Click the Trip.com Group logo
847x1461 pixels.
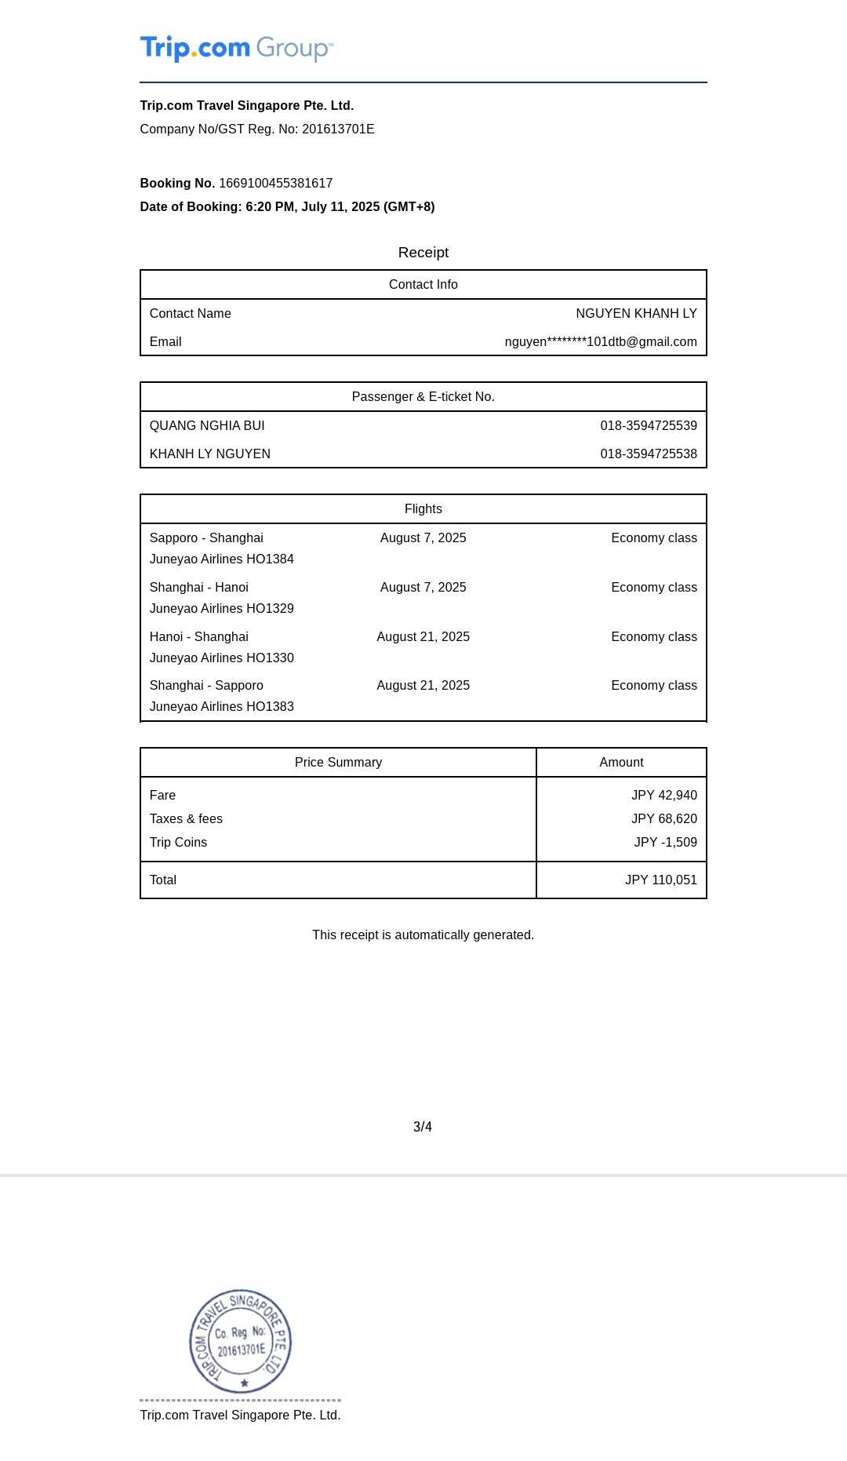236,49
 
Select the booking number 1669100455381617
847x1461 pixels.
275,184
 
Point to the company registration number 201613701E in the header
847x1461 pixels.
338,129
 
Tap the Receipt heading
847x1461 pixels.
423,253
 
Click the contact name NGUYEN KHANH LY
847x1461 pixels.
636,314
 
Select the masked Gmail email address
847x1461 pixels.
601,342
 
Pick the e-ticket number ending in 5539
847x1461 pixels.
649,426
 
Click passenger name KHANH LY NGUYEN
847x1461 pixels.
210,454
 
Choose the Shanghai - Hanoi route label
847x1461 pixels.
199,588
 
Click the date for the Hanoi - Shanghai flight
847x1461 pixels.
423,637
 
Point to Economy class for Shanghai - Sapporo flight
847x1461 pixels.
654,686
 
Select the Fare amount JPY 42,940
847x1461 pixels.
663,796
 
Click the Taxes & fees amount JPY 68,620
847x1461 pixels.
663,819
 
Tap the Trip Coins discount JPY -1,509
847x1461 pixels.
665,843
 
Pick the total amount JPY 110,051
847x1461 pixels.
660,880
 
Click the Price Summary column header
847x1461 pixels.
338,763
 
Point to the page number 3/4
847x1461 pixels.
423,1128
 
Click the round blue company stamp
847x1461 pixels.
241,1341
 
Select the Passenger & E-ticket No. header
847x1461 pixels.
423,397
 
